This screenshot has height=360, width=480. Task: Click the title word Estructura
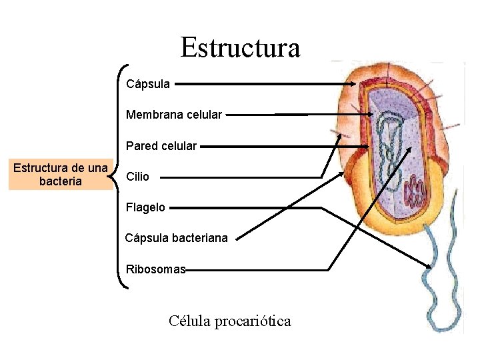click(x=240, y=47)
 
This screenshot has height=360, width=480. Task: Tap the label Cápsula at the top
click(x=148, y=85)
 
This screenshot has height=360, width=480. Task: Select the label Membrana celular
click(x=174, y=115)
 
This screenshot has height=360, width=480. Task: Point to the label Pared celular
click(x=161, y=145)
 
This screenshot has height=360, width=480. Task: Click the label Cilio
click(x=137, y=177)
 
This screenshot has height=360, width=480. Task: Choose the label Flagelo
click(x=145, y=207)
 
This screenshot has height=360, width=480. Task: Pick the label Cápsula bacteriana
click(x=177, y=238)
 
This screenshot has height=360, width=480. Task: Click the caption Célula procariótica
click(x=230, y=321)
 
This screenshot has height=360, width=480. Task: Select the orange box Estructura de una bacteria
click(x=61, y=175)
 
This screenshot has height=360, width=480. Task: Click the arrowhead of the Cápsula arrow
click(x=355, y=85)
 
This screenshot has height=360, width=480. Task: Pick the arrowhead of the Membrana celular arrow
click(x=371, y=115)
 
